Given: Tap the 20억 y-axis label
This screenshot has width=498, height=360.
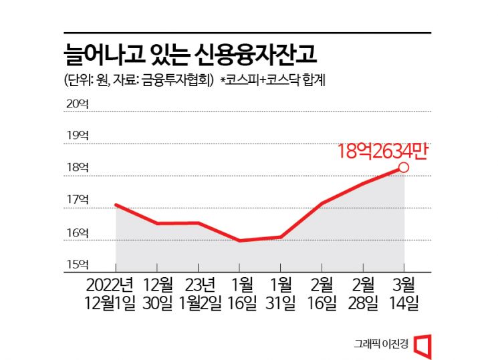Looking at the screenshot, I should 77,104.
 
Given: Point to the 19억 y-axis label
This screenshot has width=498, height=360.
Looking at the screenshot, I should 77,136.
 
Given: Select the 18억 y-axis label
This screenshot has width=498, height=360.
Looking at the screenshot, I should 77,168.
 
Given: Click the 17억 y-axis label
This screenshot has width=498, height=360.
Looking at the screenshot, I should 77,200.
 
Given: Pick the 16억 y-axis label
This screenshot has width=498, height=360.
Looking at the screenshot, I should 77,232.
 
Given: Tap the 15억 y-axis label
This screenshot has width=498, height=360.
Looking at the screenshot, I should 77,264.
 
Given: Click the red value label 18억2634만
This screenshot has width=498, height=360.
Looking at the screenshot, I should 381,151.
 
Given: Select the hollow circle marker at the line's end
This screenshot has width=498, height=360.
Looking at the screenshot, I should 404,168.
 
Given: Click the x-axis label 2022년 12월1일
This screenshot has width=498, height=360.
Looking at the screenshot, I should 116,293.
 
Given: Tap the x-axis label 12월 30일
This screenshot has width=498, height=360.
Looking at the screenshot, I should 157,293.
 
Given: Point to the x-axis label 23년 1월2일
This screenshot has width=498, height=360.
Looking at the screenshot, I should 199,293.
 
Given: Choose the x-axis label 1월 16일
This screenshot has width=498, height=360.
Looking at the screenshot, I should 240,293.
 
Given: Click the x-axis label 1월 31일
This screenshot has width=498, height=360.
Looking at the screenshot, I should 281,293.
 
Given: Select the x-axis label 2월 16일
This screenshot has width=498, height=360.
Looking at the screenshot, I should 322,293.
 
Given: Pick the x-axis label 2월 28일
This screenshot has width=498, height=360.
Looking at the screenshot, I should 363,293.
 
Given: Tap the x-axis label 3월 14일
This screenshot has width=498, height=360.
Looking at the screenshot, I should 404,293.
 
